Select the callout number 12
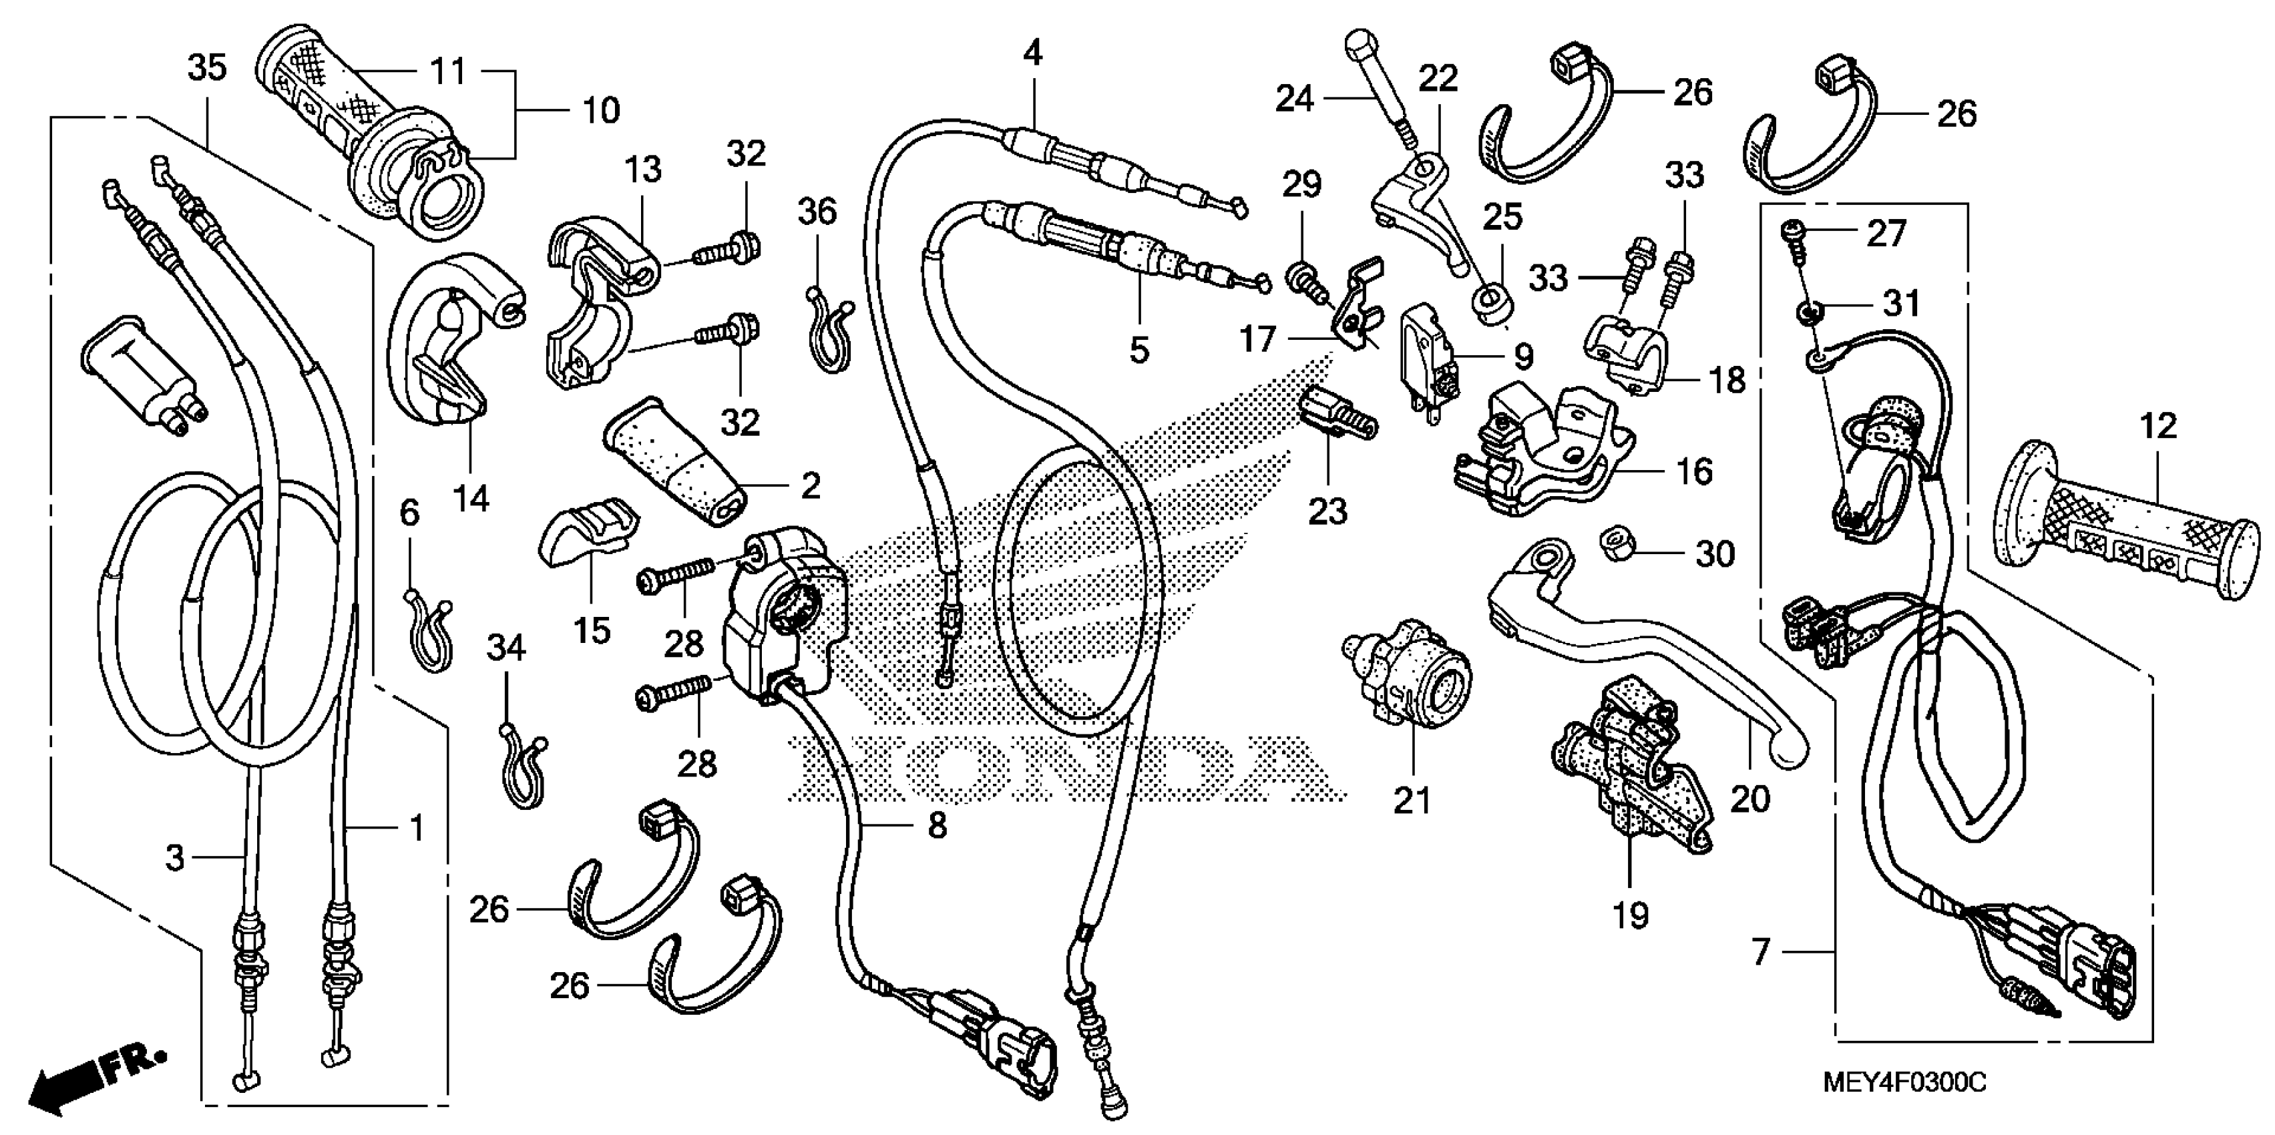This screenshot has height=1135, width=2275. pos(2159,427)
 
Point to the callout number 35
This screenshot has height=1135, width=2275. pos(208,68)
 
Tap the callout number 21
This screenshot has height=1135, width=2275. pos(1412,801)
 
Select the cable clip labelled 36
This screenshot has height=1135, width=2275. pos(827,328)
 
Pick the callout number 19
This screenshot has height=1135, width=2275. pos(1631,916)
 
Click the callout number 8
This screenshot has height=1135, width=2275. pos(937,826)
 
